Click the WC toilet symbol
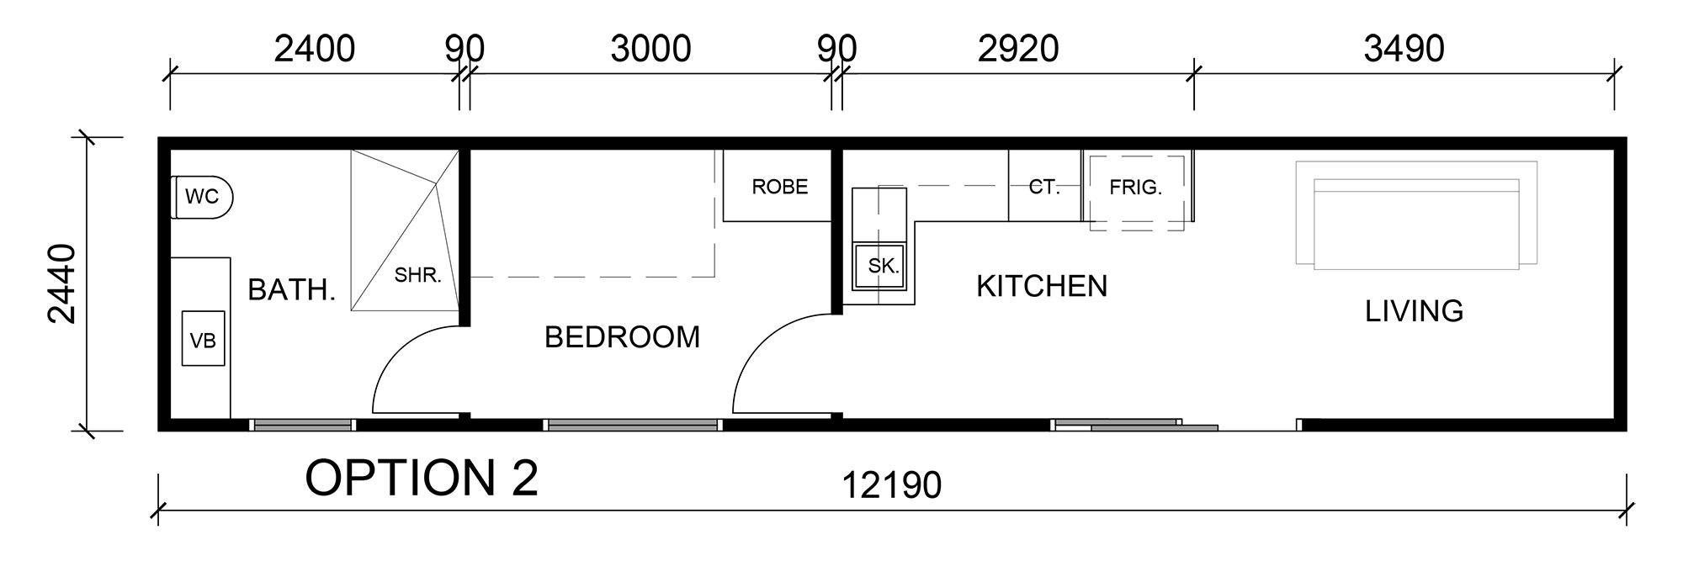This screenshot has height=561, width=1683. click(x=202, y=198)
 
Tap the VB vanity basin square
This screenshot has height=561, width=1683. click(x=204, y=339)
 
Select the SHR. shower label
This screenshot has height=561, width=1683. click(x=418, y=275)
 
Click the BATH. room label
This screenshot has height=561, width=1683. click(x=292, y=290)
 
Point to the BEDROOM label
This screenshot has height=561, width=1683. click(x=623, y=337)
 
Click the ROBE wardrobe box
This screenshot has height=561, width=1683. click(x=778, y=186)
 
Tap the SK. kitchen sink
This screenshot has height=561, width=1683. click(x=884, y=267)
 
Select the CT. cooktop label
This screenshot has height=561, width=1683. click(x=1044, y=187)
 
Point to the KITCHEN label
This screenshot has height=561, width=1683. click(x=1042, y=286)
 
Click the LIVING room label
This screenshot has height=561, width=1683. click(x=1415, y=311)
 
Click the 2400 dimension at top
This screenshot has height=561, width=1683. click(x=315, y=49)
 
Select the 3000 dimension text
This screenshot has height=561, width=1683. click(x=650, y=49)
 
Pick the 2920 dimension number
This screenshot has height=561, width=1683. click(x=1018, y=49)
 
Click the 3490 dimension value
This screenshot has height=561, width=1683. click(x=1404, y=49)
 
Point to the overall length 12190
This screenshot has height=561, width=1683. click(x=892, y=485)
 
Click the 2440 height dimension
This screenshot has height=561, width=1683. click(x=62, y=283)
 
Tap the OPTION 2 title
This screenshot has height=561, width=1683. click(x=422, y=478)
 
